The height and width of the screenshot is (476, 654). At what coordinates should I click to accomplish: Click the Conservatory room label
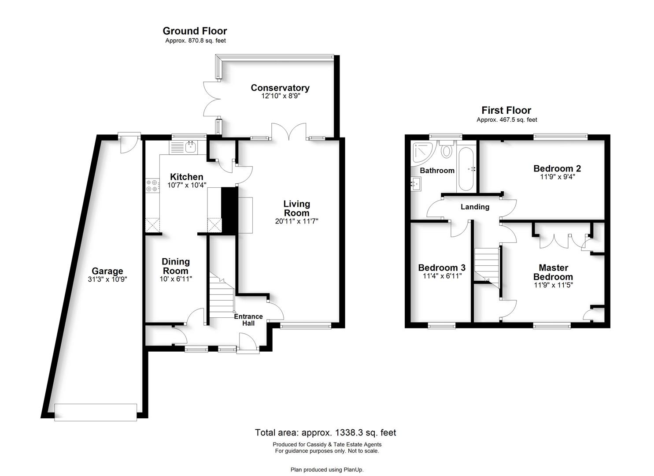tap(280, 88)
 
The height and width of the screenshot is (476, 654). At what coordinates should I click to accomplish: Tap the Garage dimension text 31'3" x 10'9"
tap(107, 279)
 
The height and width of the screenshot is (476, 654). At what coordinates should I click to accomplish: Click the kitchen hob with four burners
tap(152, 185)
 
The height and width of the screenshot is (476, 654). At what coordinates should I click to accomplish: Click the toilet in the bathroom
tap(447, 149)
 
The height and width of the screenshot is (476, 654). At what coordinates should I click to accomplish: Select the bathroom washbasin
tap(416, 184)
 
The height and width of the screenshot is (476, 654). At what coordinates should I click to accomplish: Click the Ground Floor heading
tap(195, 31)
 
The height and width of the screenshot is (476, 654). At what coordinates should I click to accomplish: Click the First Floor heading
tap(506, 110)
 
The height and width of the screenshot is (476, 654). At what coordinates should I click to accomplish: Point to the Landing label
tap(475, 207)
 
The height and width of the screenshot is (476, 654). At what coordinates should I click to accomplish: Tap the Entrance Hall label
tap(248, 320)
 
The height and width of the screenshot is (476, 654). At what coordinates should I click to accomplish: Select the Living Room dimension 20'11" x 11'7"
tap(296, 221)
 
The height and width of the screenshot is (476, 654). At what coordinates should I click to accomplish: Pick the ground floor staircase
tap(222, 295)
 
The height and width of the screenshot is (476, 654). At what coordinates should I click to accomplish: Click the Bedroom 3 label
tap(442, 268)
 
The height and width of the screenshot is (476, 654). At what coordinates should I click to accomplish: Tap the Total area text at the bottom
tap(325, 432)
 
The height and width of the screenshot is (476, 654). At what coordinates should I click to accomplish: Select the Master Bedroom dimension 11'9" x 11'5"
tap(553, 285)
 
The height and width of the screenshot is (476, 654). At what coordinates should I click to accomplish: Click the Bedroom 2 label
tap(557, 168)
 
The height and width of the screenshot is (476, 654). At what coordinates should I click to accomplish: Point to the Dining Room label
tap(175, 266)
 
